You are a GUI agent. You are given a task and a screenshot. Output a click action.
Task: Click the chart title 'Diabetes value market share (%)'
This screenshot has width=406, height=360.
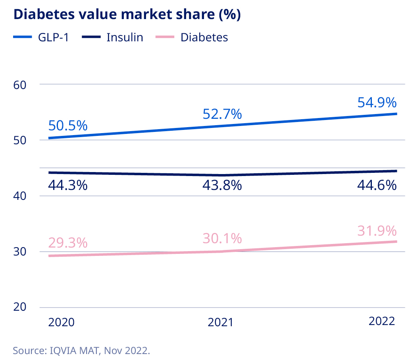tap(127, 14)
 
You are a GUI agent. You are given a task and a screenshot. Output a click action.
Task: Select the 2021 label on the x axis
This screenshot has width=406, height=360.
tap(221, 322)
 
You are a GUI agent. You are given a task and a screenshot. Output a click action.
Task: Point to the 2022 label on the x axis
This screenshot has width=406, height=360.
tap(382, 321)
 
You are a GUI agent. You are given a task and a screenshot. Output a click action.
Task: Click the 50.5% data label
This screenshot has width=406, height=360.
tap(68, 126)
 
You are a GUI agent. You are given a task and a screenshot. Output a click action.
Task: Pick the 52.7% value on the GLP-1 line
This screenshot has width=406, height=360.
tap(222, 114)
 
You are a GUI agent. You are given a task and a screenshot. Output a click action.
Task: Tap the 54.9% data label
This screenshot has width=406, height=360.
tap(377, 103)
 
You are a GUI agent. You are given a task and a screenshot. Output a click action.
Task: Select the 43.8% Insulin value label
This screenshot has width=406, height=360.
tap(222, 185)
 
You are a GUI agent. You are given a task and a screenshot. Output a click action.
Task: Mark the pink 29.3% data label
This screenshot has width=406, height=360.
tap(68, 242)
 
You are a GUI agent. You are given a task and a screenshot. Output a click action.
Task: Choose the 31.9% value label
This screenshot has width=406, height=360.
tap(377, 230)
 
